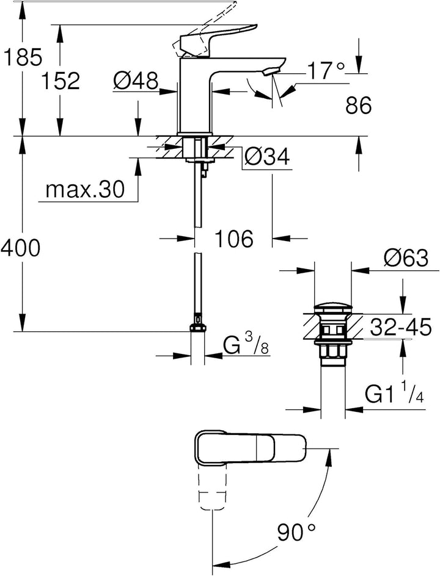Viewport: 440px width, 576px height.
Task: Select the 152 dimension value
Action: pyautogui.click(x=60, y=81)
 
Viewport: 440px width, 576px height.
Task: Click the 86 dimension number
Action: pyautogui.click(x=358, y=106)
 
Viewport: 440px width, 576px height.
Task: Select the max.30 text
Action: pyautogui.click(x=85, y=190)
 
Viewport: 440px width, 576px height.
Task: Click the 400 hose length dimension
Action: pyautogui.click(x=20, y=248)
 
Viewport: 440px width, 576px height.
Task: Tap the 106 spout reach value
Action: pyautogui.click(x=234, y=239)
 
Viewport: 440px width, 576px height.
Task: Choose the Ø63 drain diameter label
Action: pyautogui.click(x=406, y=258)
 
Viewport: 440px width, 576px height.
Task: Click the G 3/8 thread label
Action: pyautogui.click(x=246, y=347)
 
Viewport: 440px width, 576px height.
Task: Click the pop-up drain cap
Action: pyautogui.click(x=333, y=308)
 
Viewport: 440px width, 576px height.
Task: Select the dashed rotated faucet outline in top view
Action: pyautogui.click(x=212, y=486)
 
